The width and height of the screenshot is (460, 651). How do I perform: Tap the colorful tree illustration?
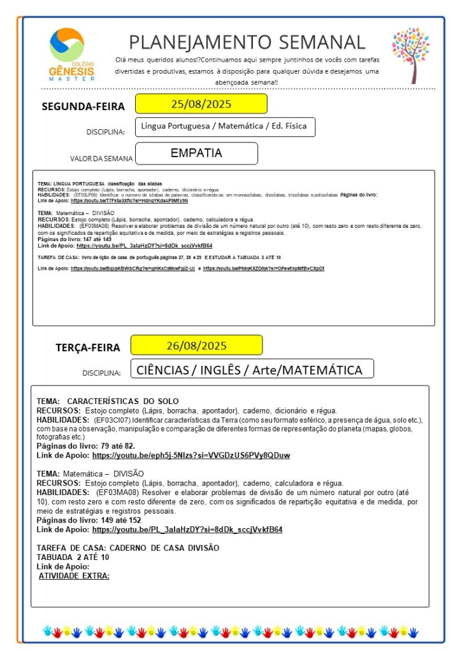pyautogui.click(x=411, y=55)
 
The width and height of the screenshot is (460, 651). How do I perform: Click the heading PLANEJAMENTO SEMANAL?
pyautogui.click(x=247, y=42)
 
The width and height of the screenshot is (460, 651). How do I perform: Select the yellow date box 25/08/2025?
pyautogui.click(x=201, y=104)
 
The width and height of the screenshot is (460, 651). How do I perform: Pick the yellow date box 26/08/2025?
pyautogui.click(x=196, y=346)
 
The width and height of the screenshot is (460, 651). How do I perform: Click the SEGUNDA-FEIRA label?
pyautogui.click(x=83, y=106)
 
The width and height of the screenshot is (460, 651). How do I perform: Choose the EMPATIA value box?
pyautogui.click(x=196, y=153)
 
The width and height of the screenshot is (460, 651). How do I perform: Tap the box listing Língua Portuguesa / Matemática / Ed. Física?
pyautogui.click(x=225, y=127)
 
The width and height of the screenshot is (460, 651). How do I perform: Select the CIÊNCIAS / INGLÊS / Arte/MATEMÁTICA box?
pyautogui.click(x=252, y=369)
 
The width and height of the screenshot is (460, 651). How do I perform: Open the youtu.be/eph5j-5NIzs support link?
pyautogui.click(x=190, y=456)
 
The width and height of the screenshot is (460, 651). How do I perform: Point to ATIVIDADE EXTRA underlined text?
pyautogui.click(x=75, y=576)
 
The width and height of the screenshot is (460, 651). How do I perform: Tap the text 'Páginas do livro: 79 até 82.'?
pyautogui.click(x=85, y=447)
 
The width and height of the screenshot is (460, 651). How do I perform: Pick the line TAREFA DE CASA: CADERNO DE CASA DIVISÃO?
pyautogui.click(x=127, y=548)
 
